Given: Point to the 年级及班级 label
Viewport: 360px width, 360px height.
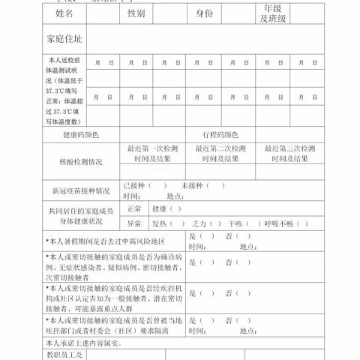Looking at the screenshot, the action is [x=272, y=14].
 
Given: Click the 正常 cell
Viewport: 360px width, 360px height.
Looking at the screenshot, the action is [x=134, y=208].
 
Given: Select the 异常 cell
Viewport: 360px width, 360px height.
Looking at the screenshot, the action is [x=134, y=223].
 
